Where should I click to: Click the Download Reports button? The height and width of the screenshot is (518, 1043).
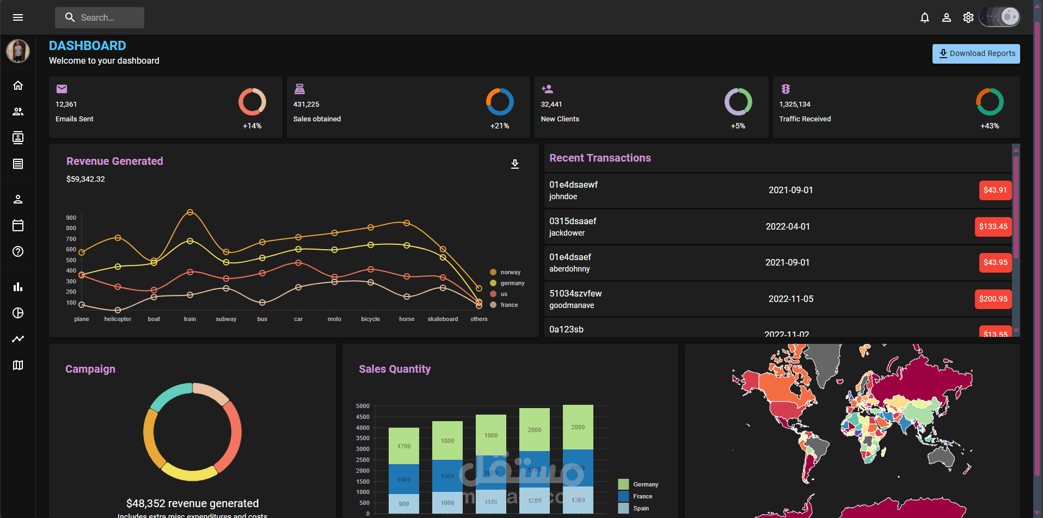[x=975, y=53]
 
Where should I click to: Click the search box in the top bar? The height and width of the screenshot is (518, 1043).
[x=100, y=17]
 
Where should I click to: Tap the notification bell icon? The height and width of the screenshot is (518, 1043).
[x=924, y=17]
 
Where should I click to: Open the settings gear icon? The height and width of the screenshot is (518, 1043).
[x=968, y=17]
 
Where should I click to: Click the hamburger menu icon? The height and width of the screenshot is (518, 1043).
[x=18, y=17]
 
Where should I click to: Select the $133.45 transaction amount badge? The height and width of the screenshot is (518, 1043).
[x=993, y=226]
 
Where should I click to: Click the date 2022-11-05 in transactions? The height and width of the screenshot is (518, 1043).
[x=790, y=299]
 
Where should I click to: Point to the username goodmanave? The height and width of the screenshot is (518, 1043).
[x=572, y=305]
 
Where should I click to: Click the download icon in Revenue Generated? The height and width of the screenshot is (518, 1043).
[x=514, y=164]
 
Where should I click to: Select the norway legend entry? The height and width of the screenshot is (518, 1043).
[x=506, y=272]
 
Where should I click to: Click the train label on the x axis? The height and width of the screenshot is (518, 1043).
[x=189, y=319]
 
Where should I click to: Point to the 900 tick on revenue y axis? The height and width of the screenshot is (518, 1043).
[x=71, y=218]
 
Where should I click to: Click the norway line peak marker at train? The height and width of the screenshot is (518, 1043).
[x=190, y=212]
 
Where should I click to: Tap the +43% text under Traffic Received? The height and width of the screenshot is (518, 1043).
[x=989, y=126]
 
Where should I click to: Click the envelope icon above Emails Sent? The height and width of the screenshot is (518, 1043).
[x=62, y=89]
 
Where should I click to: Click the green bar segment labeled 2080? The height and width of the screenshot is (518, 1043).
[x=578, y=427]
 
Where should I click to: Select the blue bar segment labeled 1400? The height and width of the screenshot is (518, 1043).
[x=403, y=479]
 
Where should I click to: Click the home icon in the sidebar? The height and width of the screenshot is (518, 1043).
[x=18, y=85]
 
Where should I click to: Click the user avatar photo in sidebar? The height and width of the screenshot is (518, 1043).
[x=18, y=51]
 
